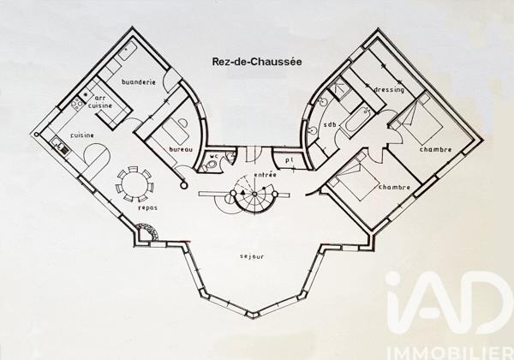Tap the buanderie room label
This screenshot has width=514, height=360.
click(140, 82)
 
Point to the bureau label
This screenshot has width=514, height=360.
click(182, 150)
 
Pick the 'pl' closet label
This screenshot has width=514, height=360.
click(290, 159)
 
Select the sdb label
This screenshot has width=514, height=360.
click(331, 125)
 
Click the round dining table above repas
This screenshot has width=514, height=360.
click(134, 182)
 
